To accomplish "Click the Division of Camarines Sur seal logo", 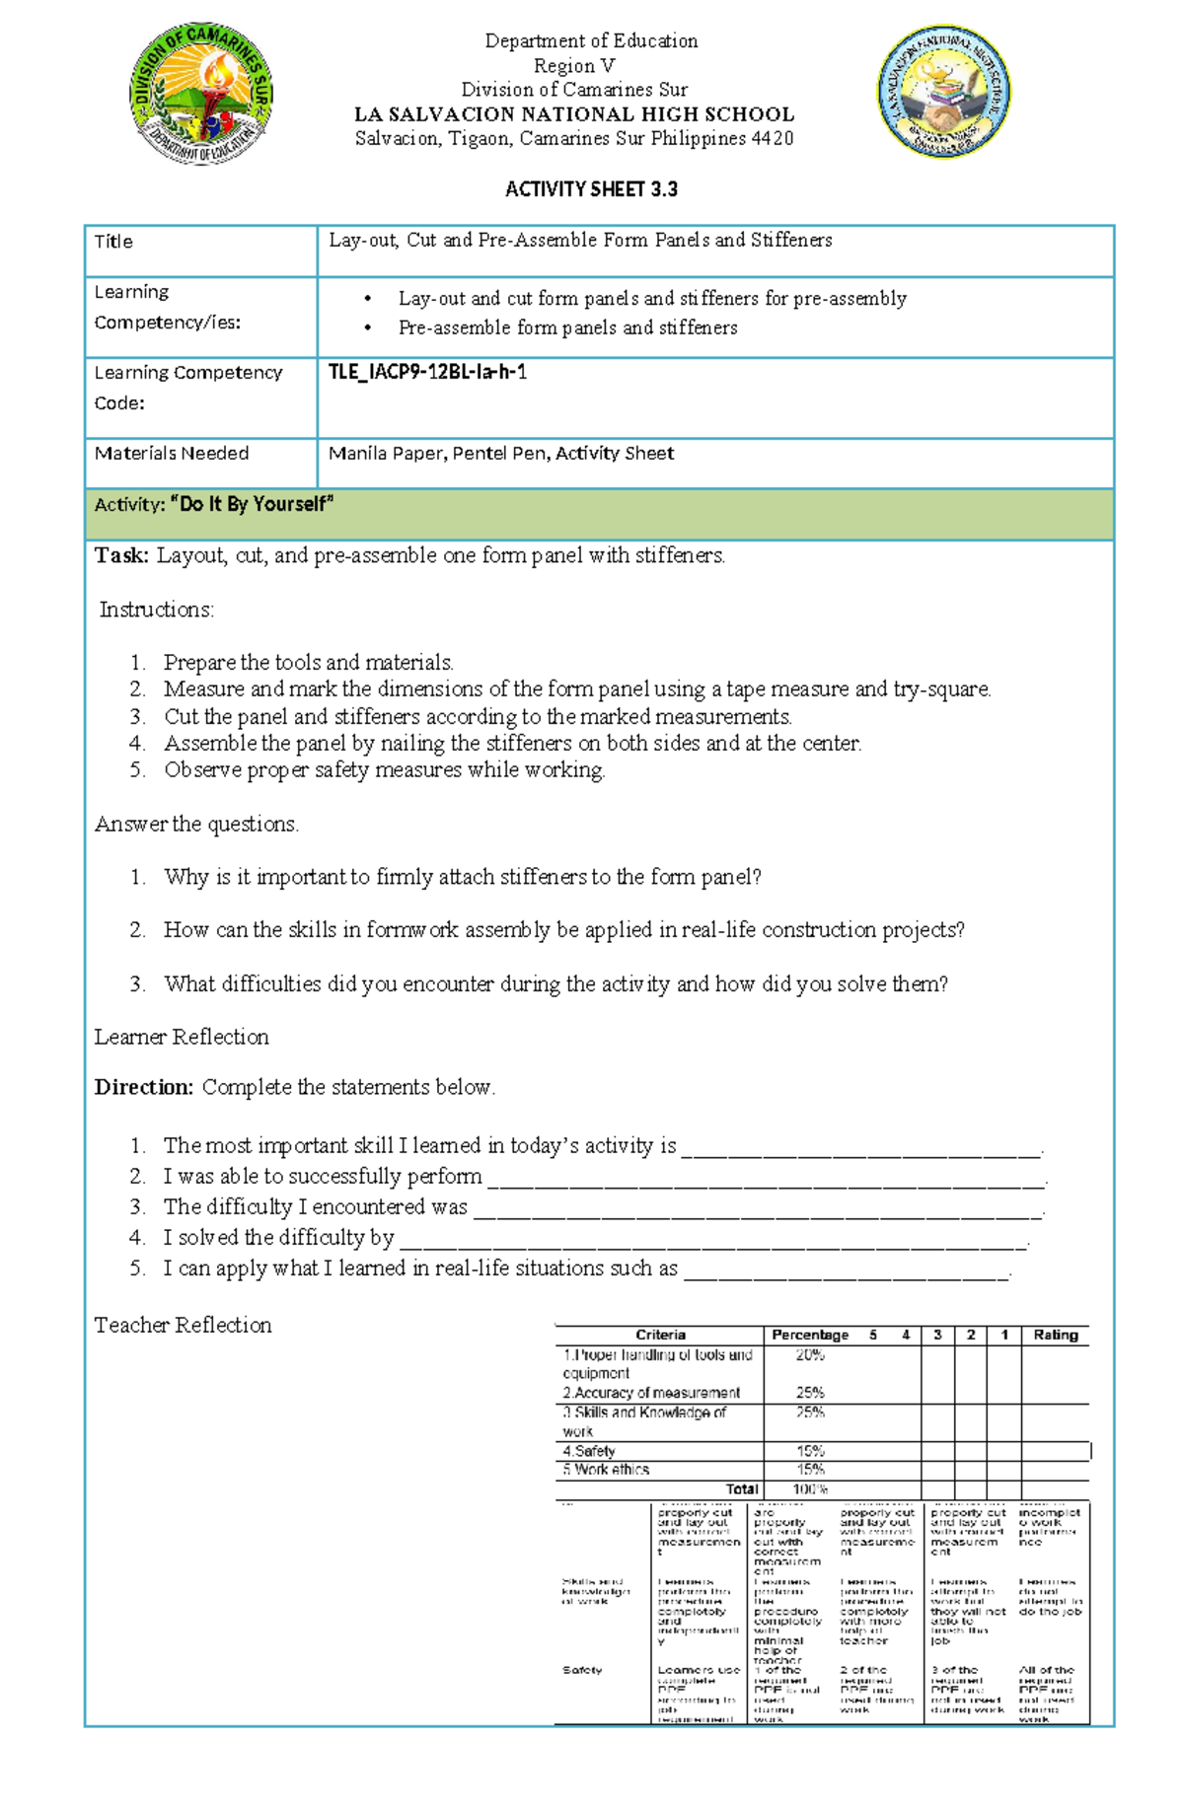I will [201, 94].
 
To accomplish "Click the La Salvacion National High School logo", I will [944, 92].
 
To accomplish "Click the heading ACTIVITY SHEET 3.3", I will [591, 189].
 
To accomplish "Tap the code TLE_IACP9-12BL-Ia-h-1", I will [427, 372].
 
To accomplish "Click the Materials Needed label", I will [172, 454].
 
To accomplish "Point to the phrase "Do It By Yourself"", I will [253, 505].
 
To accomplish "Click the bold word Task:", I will [121, 556].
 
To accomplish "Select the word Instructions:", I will [157, 611].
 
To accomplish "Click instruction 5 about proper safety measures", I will [384, 770].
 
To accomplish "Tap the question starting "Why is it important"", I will [462, 877].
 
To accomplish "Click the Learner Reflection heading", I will [182, 1037].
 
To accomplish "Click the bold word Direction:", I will [144, 1088].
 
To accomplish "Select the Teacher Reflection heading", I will [183, 1325].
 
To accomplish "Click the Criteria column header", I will [660, 1335].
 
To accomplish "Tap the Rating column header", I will [1055, 1335].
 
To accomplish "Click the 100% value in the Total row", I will [810, 1489].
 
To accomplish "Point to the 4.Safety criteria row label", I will [589, 1451].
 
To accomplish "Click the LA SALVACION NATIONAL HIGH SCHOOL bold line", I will [574, 114].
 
